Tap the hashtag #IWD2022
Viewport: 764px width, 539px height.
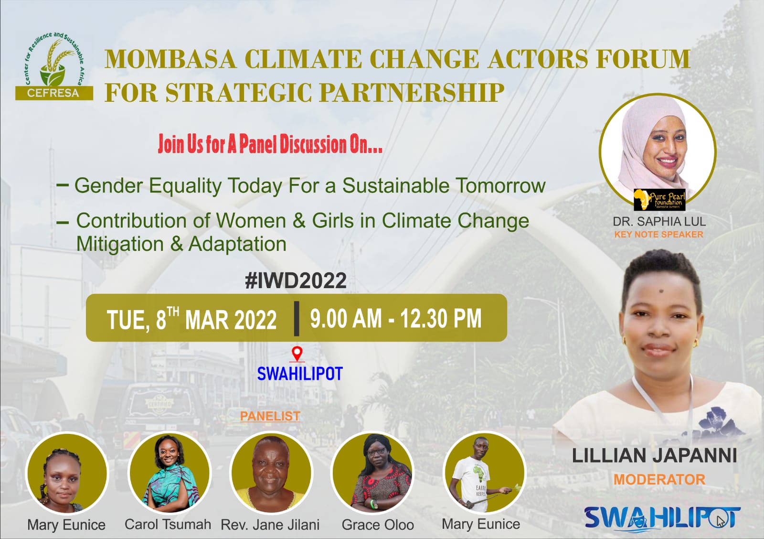(x=296, y=280)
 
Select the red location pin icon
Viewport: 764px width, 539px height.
(x=297, y=354)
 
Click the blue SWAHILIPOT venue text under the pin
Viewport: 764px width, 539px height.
(x=300, y=374)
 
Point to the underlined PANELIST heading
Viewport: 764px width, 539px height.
(x=270, y=416)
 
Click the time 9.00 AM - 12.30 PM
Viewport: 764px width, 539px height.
(x=395, y=319)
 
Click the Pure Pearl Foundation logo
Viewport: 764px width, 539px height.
(x=659, y=199)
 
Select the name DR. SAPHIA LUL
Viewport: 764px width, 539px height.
(x=659, y=222)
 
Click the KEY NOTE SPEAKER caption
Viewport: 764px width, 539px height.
(x=658, y=235)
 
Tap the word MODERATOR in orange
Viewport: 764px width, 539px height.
(x=659, y=479)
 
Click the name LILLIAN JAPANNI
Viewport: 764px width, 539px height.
(x=654, y=455)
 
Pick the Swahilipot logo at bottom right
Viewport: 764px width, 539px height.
(x=662, y=518)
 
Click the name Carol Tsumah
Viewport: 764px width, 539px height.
(x=168, y=524)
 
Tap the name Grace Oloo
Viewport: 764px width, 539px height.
(x=378, y=525)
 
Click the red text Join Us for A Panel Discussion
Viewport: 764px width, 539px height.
(x=270, y=144)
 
